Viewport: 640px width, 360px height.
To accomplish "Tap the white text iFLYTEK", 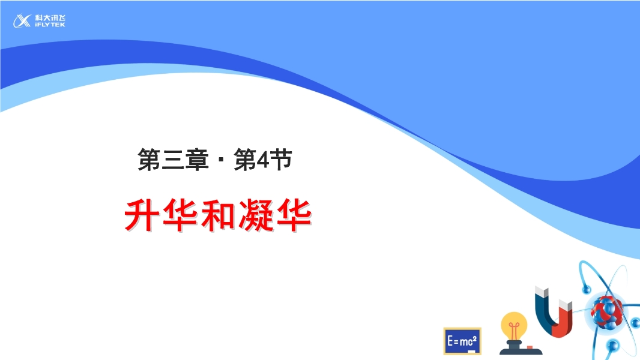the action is pyautogui.click(x=50, y=25).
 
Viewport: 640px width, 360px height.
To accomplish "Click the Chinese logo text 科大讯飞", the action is pyautogui.click(x=50, y=18).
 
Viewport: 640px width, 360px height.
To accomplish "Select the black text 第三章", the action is pyautogui.click(x=174, y=160).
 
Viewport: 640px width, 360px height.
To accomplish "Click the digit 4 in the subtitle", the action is pyautogui.click(x=264, y=160).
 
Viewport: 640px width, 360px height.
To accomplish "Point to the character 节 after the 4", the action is pyautogui.click(x=281, y=160).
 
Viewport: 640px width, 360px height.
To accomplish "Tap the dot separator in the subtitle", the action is pyautogui.click(x=221, y=160).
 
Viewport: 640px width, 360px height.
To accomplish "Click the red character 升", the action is pyautogui.click(x=142, y=215).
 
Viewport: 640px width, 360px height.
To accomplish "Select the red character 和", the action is pyautogui.click(x=218, y=215).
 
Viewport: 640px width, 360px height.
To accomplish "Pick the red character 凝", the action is pyautogui.click(x=256, y=215).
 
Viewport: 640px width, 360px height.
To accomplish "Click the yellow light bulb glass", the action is pyautogui.click(x=514, y=325).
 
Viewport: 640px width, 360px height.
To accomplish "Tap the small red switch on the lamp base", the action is pyautogui.click(x=530, y=348).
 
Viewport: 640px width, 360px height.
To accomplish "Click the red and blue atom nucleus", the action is pyautogui.click(x=607, y=312).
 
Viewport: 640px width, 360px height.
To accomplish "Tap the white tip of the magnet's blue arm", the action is pyautogui.click(x=541, y=292).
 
